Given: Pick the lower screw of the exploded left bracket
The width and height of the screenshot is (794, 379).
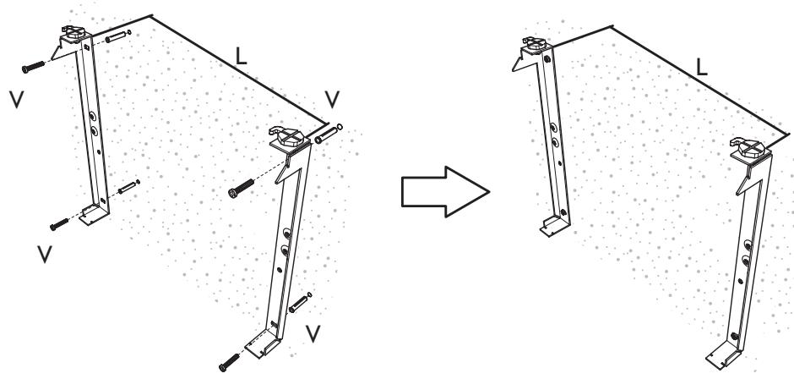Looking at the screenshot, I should (x=58, y=223).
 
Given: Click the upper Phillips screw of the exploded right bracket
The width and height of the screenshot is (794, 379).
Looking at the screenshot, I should (x=242, y=189).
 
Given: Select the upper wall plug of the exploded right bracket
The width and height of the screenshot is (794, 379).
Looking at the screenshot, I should (x=327, y=133).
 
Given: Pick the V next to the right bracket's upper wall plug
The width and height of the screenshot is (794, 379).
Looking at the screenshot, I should (x=334, y=100).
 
